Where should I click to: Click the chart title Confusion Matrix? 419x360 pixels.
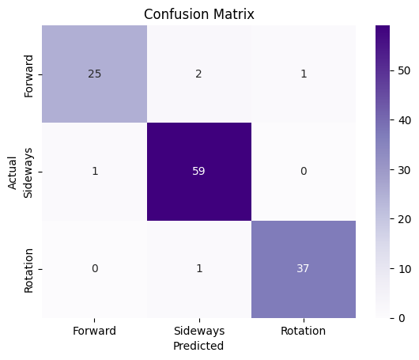tap(198, 14)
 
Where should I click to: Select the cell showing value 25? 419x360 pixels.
tap(95, 74)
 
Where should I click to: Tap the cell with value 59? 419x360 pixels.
tap(198, 171)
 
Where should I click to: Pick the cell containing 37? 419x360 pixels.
tap(303, 268)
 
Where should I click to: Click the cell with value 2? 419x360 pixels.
tap(198, 74)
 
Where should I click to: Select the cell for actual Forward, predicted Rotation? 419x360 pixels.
tap(303, 74)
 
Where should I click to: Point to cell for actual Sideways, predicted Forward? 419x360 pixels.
tap(95, 171)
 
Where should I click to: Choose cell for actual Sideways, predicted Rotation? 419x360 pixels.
tap(303, 171)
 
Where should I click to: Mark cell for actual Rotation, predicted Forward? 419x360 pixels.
tap(95, 268)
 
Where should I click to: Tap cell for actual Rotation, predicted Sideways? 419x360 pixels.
tap(198, 268)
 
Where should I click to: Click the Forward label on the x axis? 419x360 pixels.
tap(95, 331)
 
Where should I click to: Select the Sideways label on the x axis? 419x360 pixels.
tap(198, 331)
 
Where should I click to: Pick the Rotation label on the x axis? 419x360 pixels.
tap(303, 331)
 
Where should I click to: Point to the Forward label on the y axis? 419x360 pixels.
tap(29, 74)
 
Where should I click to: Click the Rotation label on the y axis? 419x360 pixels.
tap(29, 268)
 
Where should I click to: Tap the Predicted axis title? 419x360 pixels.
tap(198, 346)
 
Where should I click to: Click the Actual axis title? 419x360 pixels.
tap(13, 171)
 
